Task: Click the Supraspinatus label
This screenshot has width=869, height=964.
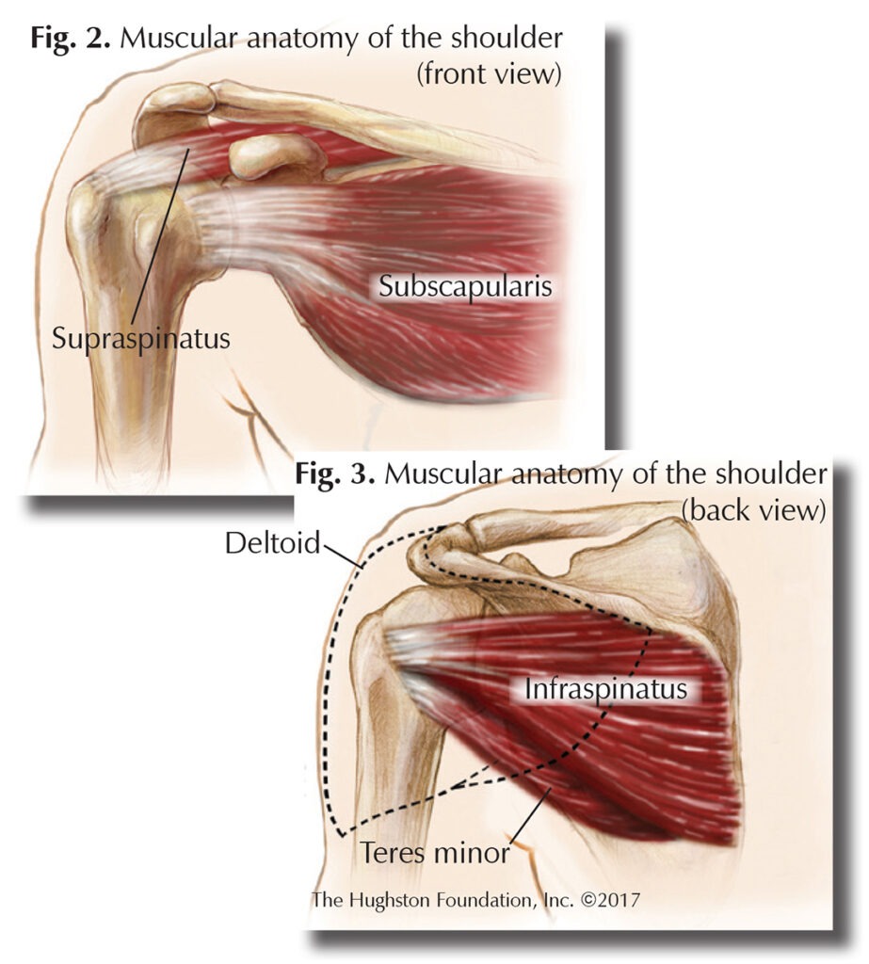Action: [x=141, y=337]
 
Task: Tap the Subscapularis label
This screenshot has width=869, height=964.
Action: [x=465, y=287]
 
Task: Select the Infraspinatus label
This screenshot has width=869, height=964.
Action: [x=606, y=689]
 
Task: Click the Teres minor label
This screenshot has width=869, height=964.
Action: [x=435, y=853]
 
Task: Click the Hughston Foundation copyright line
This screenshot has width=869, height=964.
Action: [x=475, y=899]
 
